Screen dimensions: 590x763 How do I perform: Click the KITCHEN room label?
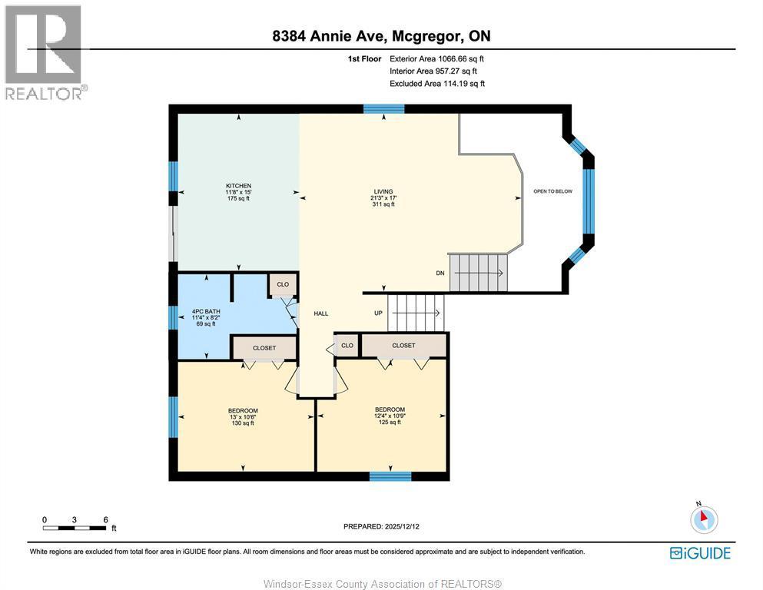click(238, 192)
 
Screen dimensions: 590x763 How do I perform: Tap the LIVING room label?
click(382, 197)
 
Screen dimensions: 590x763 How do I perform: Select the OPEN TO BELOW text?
click(553, 191)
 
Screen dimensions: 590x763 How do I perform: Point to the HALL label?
click(321, 313)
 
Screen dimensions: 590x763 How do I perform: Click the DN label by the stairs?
click(440, 273)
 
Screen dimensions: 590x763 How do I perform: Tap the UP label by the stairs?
click(378, 313)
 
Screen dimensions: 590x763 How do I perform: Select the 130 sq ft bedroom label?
click(243, 416)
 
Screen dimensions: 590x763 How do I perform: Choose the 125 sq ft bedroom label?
click(390, 416)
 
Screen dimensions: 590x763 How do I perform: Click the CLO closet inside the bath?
click(283, 284)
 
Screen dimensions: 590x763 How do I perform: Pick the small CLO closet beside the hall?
click(347, 345)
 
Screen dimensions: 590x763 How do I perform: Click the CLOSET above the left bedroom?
click(264, 348)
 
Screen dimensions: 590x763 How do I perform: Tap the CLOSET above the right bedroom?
click(403, 346)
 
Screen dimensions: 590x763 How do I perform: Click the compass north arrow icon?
click(703, 519)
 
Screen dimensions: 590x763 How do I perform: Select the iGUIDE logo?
click(700, 552)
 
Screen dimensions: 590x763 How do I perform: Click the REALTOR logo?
click(45, 52)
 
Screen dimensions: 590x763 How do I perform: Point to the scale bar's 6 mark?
click(104, 519)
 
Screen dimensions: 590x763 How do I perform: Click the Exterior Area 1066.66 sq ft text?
click(436, 58)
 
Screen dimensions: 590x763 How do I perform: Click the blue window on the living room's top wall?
click(383, 109)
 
